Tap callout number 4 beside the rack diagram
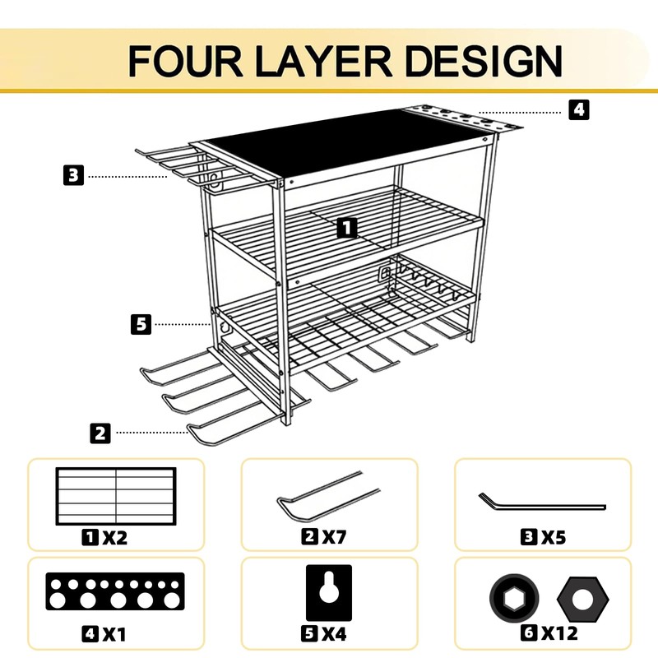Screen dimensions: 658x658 click(x=580, y=109)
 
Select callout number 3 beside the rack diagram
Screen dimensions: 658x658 click(x=73, y=174)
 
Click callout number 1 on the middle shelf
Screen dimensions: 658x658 click(x=348, y=228)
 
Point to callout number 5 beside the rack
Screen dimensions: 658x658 click(x=141, y=324)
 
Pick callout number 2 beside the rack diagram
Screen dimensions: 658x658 click(x=100, y=433)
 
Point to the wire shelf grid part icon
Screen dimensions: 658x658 click(x=116, y=496)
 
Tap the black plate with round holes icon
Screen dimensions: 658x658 click(x=114, y=591)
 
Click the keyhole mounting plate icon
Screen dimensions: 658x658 click(x=328, y=592)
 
